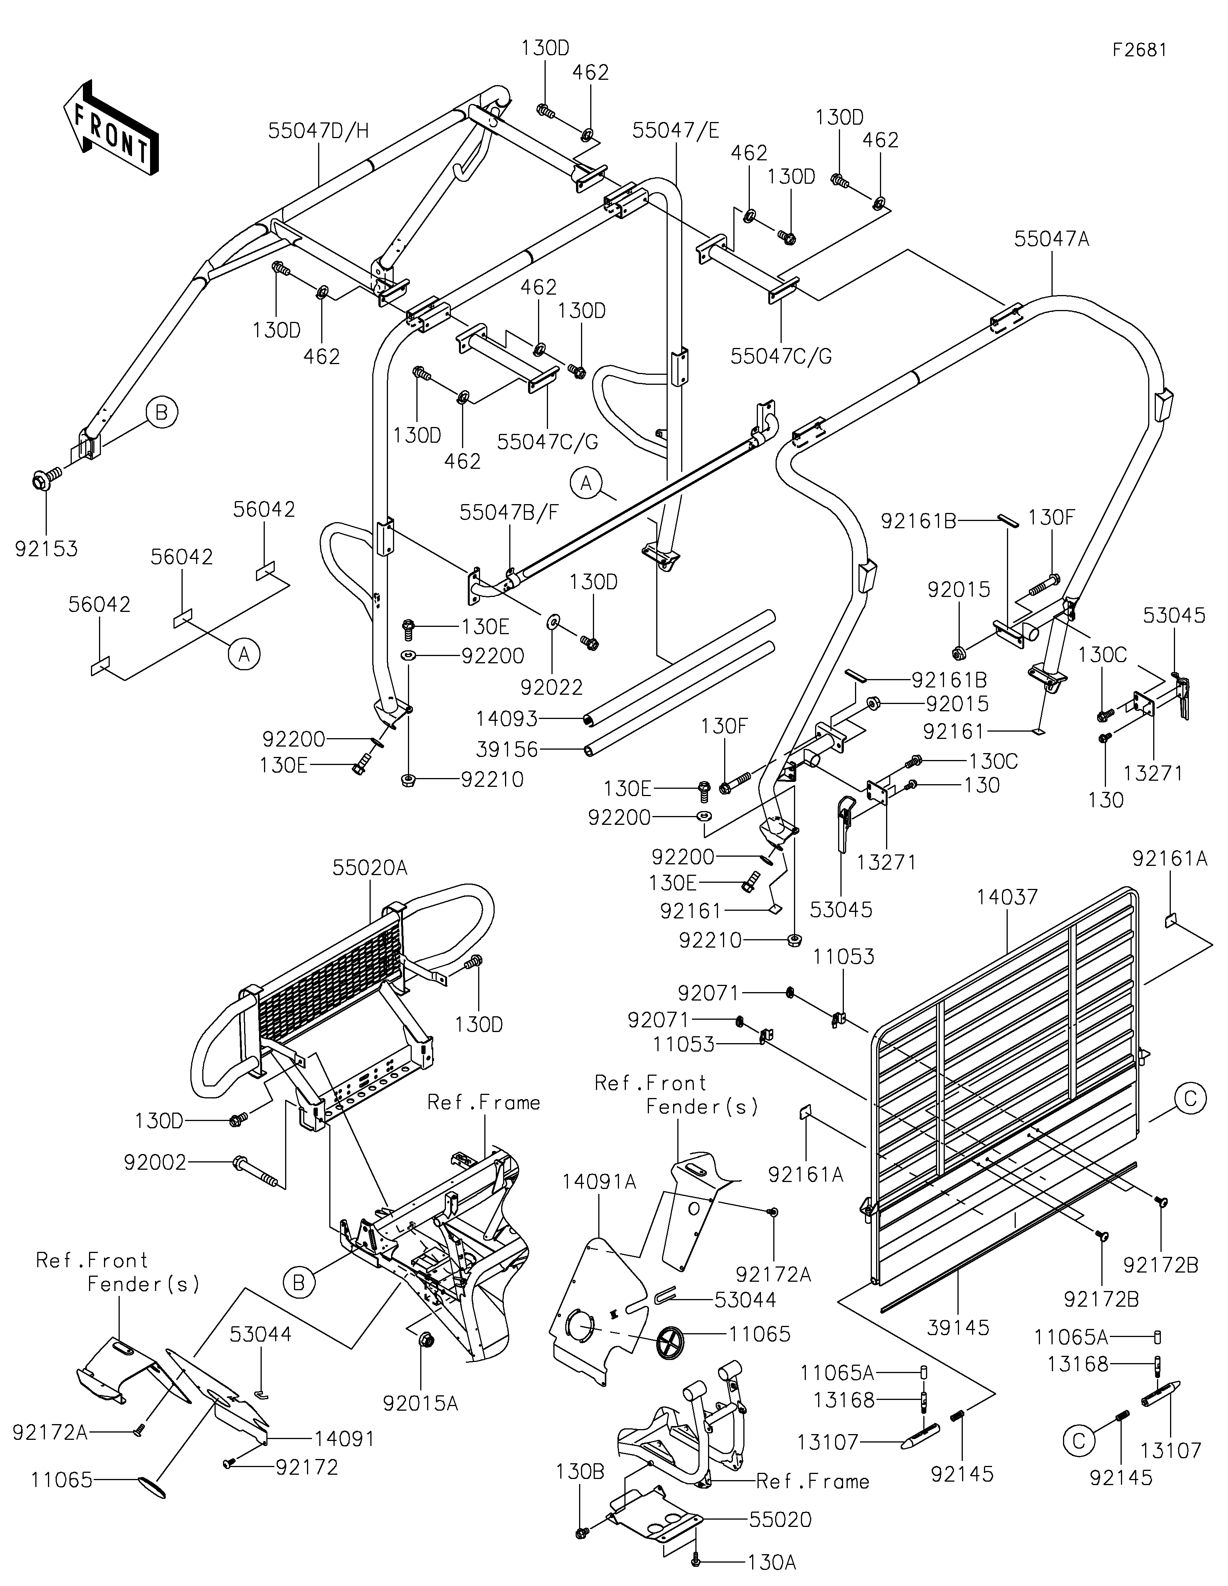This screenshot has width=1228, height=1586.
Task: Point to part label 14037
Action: coord(1007,897)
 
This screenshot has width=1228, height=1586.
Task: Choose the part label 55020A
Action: coord(370,867)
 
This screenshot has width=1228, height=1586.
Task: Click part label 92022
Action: coord(552,686)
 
